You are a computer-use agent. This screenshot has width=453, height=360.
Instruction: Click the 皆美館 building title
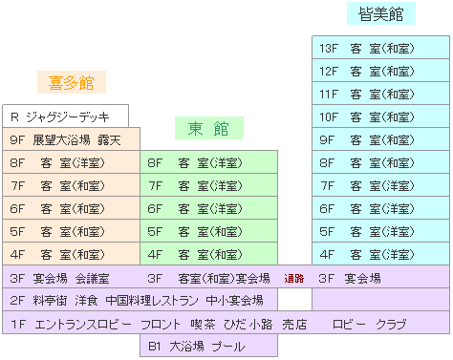click(381, 14)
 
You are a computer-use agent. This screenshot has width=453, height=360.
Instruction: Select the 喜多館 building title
click(72, 83)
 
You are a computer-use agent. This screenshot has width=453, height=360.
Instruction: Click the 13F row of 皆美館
click(380, 48)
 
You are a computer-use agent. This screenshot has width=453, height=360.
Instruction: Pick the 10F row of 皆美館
click(380, 116)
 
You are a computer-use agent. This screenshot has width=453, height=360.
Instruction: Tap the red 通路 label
click(293, 279)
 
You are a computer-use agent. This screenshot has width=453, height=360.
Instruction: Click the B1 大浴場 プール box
click(207, 347)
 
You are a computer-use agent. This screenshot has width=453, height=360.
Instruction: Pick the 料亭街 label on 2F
click(51, 301)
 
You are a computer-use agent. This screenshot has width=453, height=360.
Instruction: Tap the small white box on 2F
click(294, 301)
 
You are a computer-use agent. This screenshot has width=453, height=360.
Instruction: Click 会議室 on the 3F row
click(92, 278)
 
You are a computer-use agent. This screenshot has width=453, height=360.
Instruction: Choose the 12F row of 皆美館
click(380, 71)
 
